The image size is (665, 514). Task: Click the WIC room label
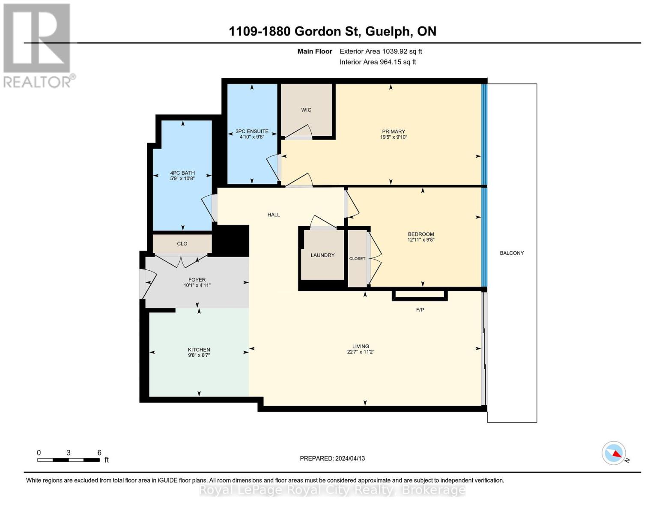click(306, 110)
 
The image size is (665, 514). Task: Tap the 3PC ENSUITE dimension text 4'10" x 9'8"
click(252, 137)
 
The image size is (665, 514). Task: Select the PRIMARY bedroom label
click(393, 131)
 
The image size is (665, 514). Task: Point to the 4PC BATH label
click(182, 173)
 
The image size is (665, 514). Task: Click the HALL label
click(274, 215)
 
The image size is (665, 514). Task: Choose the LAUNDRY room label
click(322, 255)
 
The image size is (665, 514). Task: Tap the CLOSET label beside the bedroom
click(357, 259)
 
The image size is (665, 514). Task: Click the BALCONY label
click(512, 253)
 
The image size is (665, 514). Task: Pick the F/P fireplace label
click(420, 310)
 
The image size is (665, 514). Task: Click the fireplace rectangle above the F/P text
click(420, 296)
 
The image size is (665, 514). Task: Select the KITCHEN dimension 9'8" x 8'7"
click(199, 355)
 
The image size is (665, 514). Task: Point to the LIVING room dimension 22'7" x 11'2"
click(361, 352)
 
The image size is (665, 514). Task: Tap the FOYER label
click(197, 280)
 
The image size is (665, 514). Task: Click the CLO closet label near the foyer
click(182, 244)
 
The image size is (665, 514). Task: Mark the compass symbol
click(614, 453)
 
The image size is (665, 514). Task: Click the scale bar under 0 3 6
click(69, 460)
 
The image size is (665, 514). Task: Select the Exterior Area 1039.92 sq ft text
click(381, 51)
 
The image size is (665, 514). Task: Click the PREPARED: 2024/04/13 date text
click(332, 458)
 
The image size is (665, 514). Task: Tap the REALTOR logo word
click(37, 82)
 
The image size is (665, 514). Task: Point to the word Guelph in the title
click(388, 32)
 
